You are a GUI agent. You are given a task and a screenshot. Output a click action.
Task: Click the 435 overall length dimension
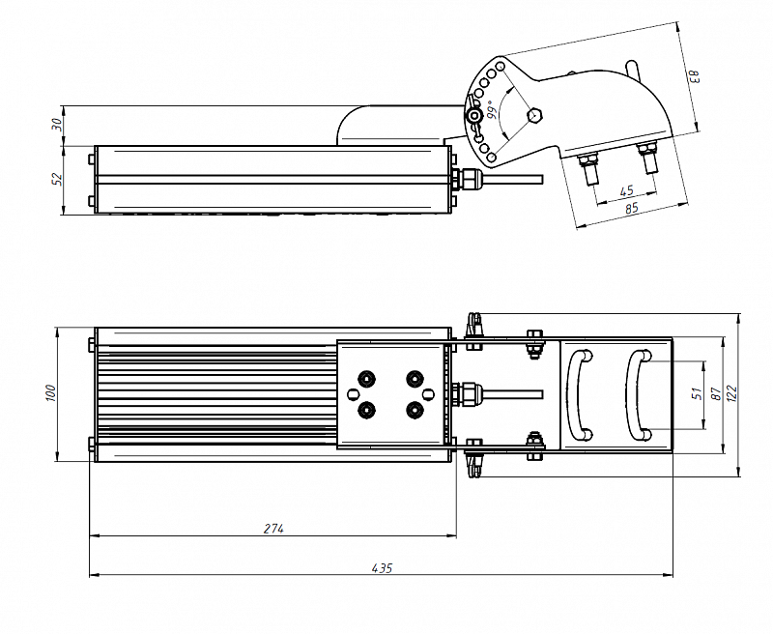coord(382,568)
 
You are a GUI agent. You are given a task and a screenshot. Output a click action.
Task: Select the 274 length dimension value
coord(274,529)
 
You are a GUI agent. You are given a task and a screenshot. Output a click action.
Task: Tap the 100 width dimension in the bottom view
coord(52,394)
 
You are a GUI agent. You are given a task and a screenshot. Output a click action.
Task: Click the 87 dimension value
coord(716,393)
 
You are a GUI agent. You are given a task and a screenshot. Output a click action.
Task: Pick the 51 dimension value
coord(696,393)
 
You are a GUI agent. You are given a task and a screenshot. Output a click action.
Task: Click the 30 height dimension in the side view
coord(58,125)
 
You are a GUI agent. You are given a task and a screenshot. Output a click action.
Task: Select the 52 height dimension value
coord(58,179)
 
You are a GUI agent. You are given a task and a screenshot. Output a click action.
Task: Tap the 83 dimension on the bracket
coord(693,76)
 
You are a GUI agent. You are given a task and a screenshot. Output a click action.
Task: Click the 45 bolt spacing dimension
coord(625,190)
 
